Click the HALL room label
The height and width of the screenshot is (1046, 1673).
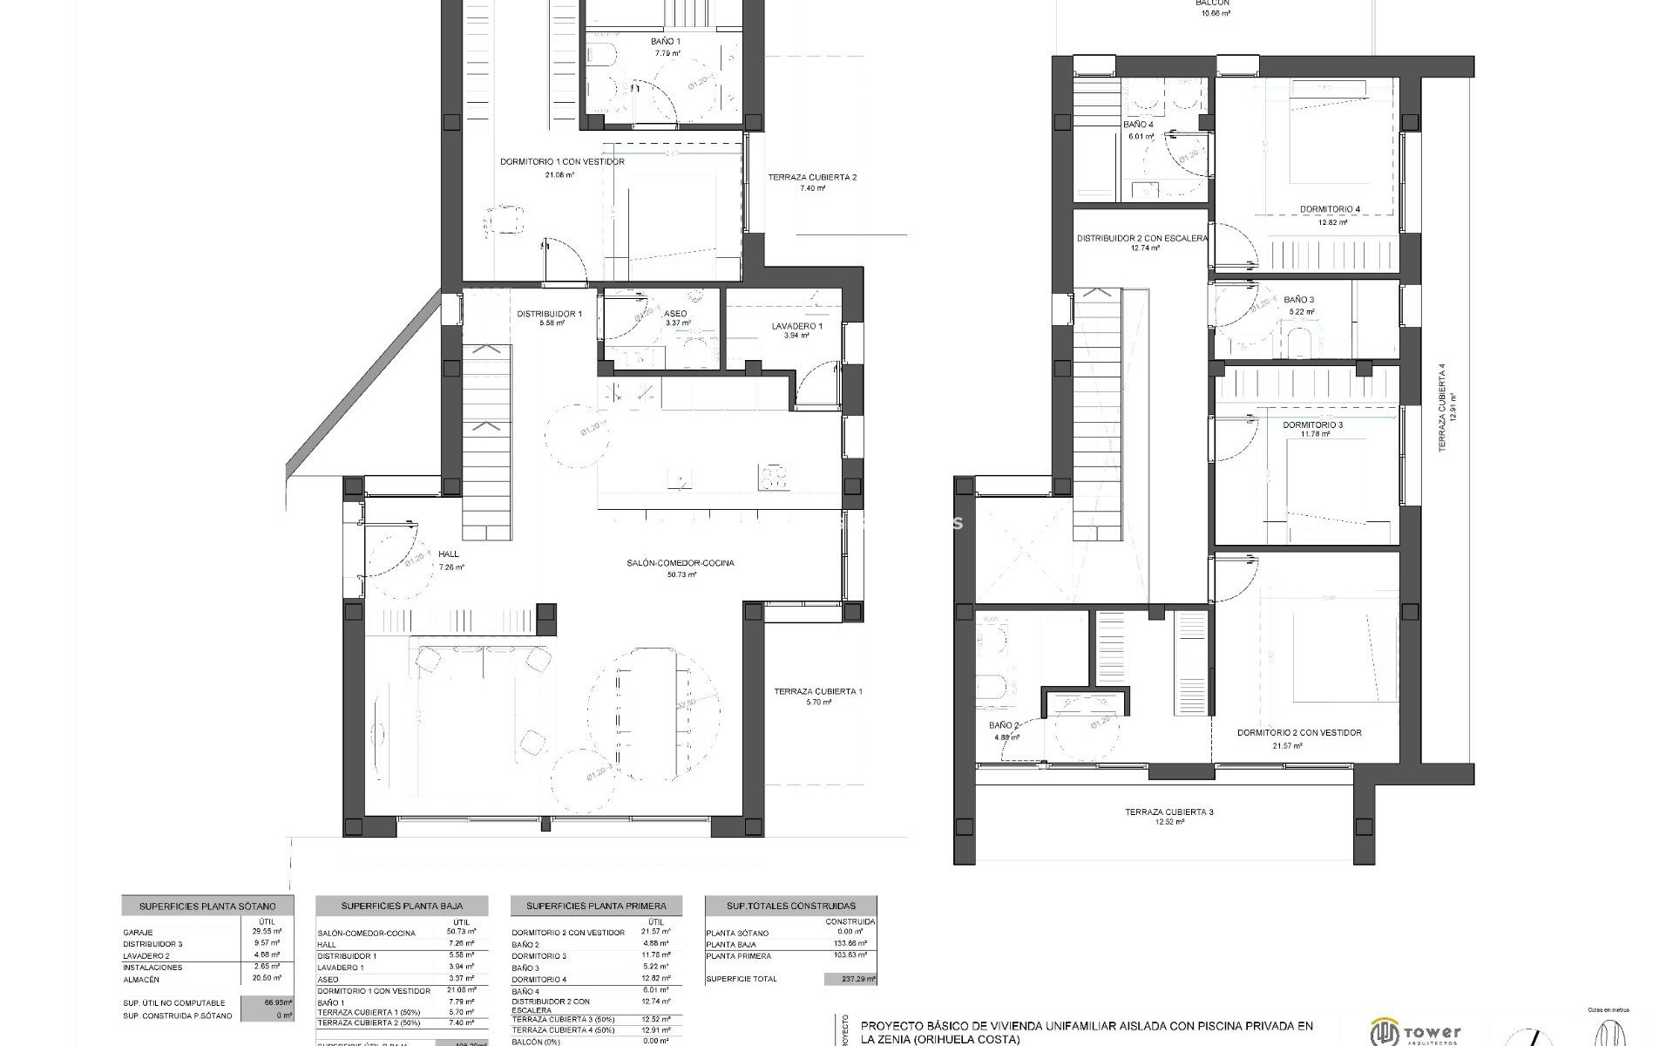pos(449,554)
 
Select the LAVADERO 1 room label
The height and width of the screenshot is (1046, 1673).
pos(796,327)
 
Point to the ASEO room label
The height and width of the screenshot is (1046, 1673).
pos(674,314)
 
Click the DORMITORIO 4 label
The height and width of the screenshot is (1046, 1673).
pos(1330,209)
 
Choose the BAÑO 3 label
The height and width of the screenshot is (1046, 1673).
pos(1298,300)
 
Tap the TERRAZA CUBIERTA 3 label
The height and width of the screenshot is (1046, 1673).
pos(1168,812)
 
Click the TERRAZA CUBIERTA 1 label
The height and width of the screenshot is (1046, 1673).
pos(817,692)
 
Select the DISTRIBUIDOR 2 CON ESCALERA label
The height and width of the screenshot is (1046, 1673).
pos(1141,238)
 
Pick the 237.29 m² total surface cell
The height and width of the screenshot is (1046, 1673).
pos(850,980)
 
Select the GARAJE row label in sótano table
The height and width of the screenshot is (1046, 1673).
pos(138,933)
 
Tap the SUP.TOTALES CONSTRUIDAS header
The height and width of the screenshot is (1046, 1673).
pos(790,907)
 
